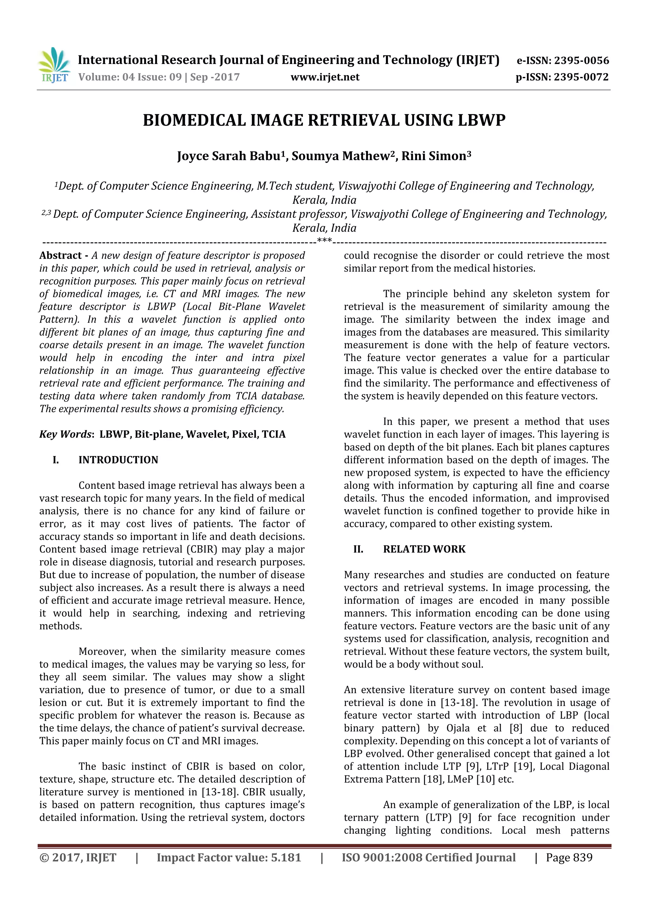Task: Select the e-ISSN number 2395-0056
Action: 582,61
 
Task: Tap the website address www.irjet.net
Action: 324,77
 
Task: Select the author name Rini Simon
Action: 434,156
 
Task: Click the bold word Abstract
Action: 60,256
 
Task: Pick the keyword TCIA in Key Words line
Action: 274,434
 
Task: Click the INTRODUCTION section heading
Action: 118,460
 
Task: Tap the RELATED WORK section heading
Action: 424,549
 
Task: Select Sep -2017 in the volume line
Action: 215,77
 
